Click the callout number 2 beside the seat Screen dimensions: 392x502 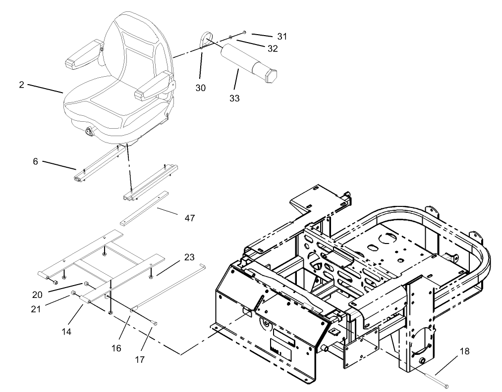[x=21, y=84]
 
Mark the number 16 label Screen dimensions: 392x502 [x=116, y=348]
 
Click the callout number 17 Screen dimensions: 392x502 [x=140, y=359]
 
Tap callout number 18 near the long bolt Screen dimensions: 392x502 [x=464, y=351]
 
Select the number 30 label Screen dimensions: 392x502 [x=200, y=88]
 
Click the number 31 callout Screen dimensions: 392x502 [x=281, y=37]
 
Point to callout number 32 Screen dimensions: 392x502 [x=272, y=49]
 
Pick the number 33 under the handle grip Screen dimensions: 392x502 [x=234, y=98]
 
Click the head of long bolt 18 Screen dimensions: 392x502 [x=447, y=385]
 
